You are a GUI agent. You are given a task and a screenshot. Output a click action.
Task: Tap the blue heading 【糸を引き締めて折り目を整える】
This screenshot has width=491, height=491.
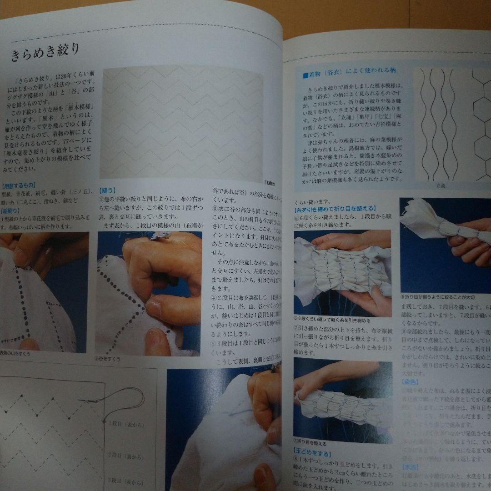[x=334, y=209]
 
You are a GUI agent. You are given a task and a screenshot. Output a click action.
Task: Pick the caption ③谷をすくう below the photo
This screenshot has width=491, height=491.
[x=108, y=358]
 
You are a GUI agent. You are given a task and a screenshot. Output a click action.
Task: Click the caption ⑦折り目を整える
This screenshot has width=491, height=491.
[x=311, y=441]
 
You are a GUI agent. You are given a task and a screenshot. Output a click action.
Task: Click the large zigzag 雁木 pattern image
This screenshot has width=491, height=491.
[x=182, y=123]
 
